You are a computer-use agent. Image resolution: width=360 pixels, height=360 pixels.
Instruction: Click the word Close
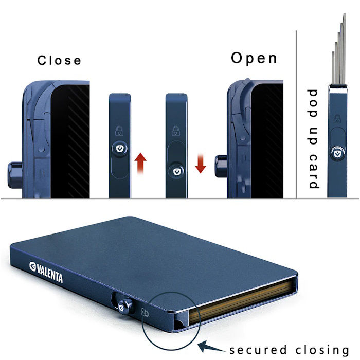coord(59,60)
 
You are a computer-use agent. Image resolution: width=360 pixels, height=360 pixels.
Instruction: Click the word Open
coord(254,58)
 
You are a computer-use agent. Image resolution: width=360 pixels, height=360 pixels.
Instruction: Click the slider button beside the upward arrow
coord(120,147)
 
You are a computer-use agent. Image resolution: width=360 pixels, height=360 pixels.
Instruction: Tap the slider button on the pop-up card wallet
coord(337,153)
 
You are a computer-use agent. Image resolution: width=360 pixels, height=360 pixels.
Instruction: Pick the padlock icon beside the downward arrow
coord(175,130)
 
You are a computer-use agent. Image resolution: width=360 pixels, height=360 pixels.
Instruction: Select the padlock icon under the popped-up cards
coord(337,120)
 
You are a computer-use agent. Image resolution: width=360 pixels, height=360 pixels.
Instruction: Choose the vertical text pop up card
coord(313,139)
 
